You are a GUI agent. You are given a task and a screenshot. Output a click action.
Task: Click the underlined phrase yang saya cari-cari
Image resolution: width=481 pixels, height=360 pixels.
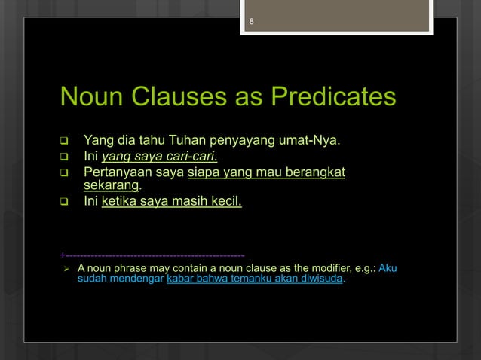(160, 157)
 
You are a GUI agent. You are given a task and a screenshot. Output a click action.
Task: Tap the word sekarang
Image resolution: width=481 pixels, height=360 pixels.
(111, 185)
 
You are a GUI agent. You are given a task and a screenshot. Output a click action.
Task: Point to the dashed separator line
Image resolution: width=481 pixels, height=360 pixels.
(151, 255)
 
